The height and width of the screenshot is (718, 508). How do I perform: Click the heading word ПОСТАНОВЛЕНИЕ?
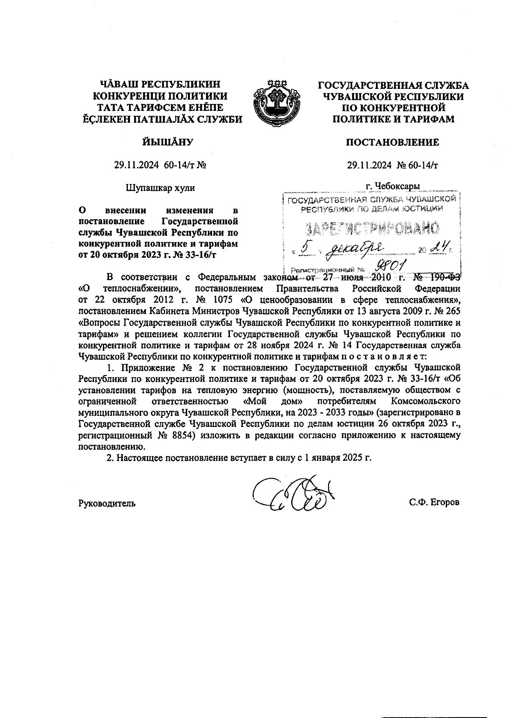[x=392, y=143]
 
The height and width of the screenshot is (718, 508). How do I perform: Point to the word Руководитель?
[x=107, y=503]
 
